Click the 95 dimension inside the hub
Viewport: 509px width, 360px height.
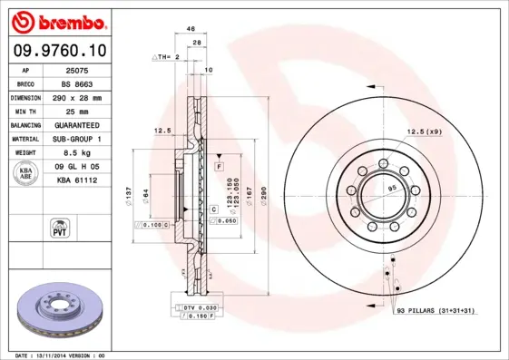393,188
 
